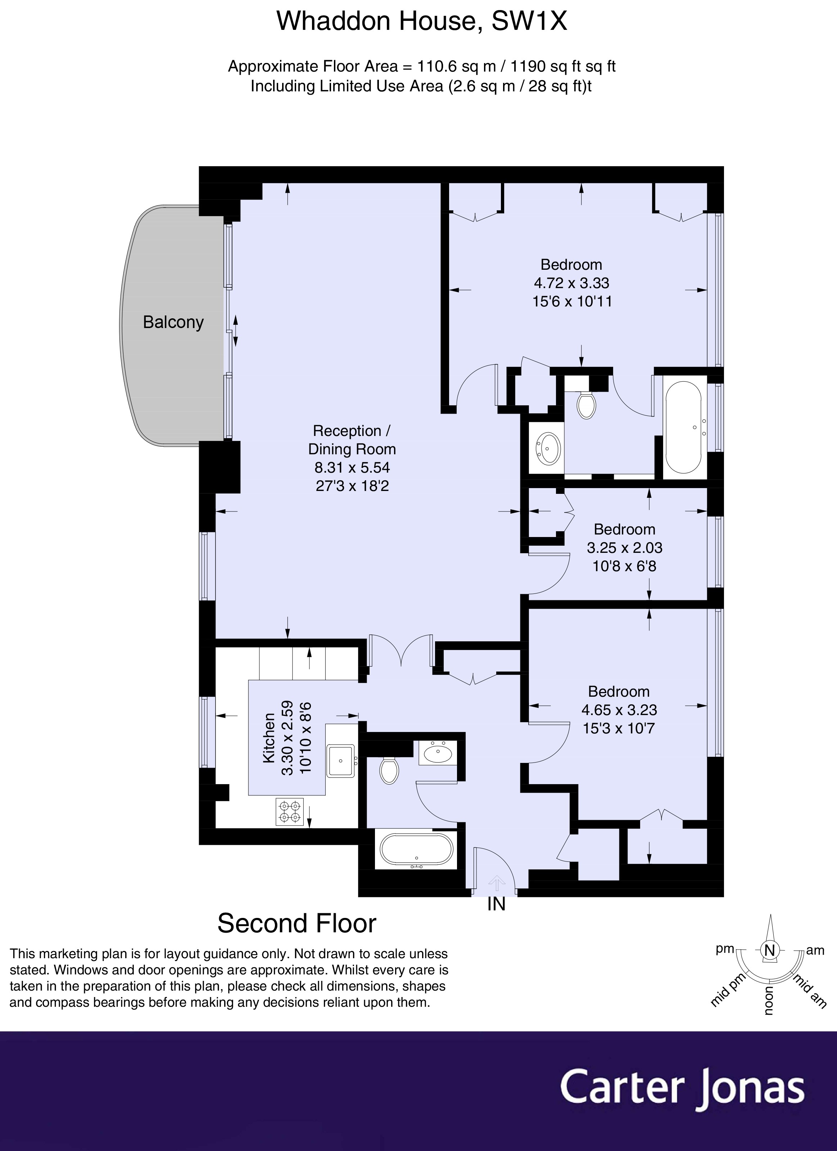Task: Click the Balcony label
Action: pyautogui.click(x=173, y=322)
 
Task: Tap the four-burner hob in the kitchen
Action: pyautogui.click(x=289, y=812)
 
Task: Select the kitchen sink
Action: pyautogui.click(x=340, y=760)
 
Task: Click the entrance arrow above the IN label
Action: pyautogui.click(x=497, y=883)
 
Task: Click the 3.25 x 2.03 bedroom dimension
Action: pyautogui.click(x=624, y=547)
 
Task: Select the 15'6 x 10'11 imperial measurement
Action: pyautogui.click(x=572, y=301)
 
